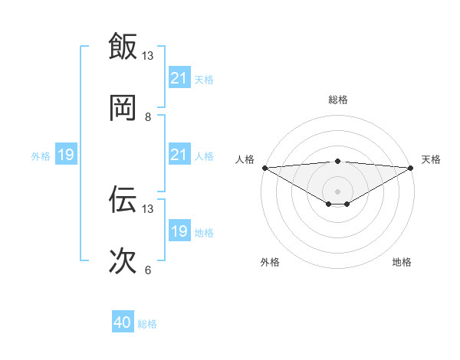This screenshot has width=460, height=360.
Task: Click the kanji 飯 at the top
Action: pyautogui.click(x=123, y=46)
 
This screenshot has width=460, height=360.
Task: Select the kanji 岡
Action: pyautogui.click(x=123, y=108)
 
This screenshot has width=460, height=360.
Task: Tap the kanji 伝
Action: pyautogui.click(x=123, y=199)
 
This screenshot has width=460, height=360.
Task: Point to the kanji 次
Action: pyautogui.click(x=123, y=261)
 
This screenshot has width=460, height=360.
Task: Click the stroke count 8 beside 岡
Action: pyautogui.click(x=148, y=117)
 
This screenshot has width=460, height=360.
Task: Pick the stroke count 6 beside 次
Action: pyautogui.click(x=148, y=270)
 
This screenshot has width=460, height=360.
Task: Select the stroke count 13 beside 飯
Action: pyautogui.click(x=148, y=55)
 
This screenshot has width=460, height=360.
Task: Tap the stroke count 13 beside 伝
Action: pyautogui.click(x=148, y=208)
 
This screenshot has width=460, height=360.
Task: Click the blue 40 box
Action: pyautogui.click(x=123, y=323)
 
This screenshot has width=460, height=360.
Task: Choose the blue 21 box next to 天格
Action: pyautogui.click(x=179, y=78)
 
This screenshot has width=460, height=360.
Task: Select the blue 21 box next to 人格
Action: pyautogui.click(x=179, y=155)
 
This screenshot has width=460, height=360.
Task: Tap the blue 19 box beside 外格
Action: pyautogui.click(x=66, y=155)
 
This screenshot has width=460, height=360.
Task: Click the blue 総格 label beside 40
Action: pyautogui.click(x=147, y=324)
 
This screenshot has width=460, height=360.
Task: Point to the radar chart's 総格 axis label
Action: pyautogui.click(x=338, y=100)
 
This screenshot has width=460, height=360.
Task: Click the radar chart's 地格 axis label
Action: pyautogui.click(x=402, y=262)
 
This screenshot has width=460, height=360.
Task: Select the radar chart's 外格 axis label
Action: pyautogui.click(x=271, y=262)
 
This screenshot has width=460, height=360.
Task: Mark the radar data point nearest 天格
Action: pyautogui.click(x=412, y=168)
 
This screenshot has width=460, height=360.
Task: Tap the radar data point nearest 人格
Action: pyautogui.click(x=264, y=168)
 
